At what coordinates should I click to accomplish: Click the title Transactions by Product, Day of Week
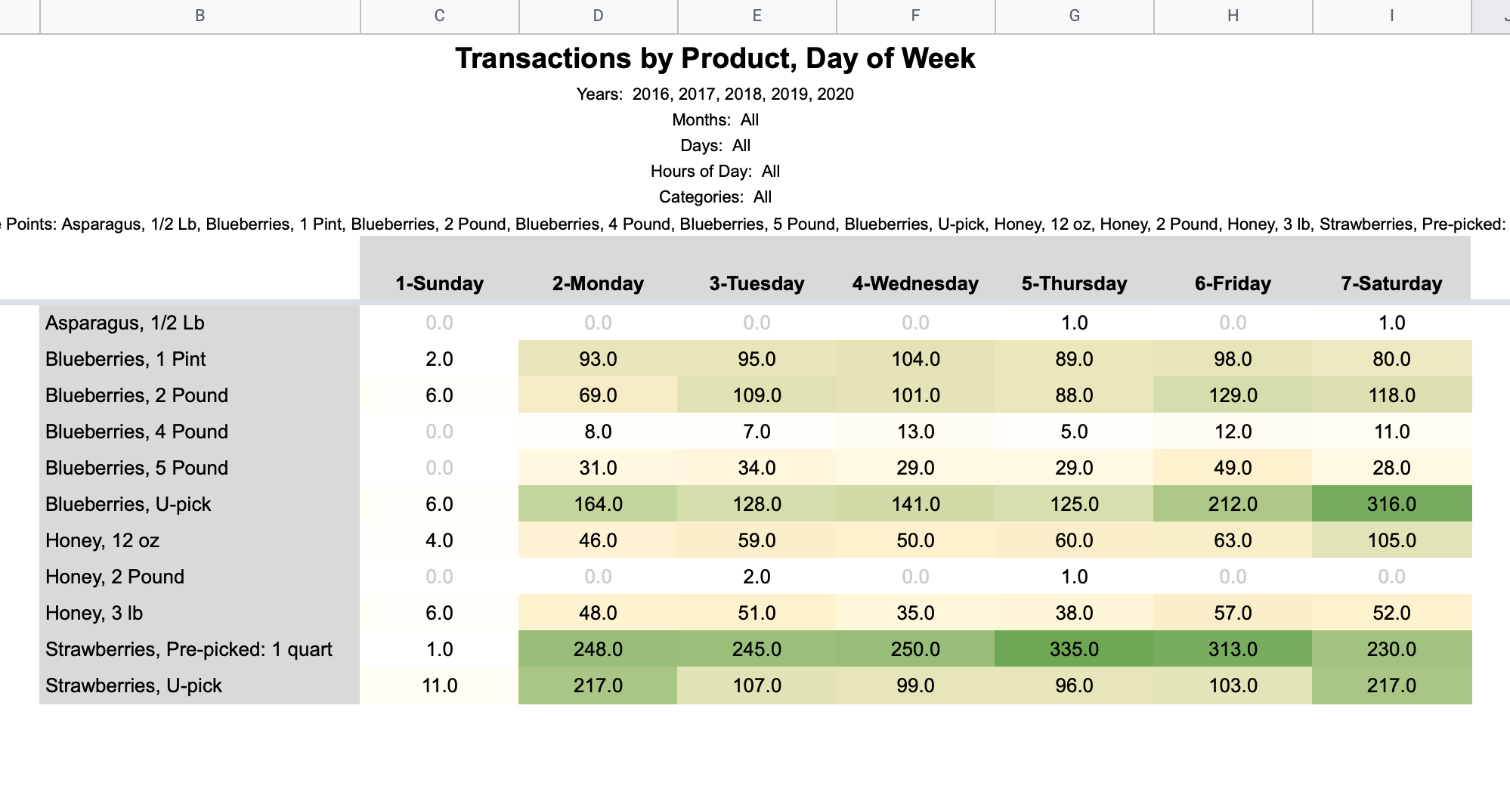(715, 58)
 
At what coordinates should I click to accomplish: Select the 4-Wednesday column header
(915, 283)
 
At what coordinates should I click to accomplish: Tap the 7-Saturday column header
(1391, 283)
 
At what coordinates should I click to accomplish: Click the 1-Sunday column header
(439, 283)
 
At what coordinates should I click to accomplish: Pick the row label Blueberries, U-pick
(128, 504)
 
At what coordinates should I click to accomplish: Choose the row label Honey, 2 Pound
(115, 577)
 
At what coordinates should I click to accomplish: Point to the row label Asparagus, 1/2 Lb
(125, 323)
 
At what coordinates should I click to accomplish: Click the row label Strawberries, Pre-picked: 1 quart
(189, 649)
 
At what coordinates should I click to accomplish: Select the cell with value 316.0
(1391, 504)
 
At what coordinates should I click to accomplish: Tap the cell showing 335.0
(1074, 649)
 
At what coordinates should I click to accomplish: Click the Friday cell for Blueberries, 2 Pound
(1233, 395)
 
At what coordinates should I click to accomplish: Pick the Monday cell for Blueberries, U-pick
(598, 504)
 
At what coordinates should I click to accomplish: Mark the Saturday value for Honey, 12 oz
(1391, 540)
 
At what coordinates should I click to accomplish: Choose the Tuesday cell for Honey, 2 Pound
(757, 577)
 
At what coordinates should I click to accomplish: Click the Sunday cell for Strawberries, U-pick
(439, 685)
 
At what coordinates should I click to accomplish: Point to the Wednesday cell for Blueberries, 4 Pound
(915, 432)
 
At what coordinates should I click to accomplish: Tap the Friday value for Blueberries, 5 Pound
(1233, 468)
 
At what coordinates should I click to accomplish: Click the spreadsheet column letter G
(1074, 16)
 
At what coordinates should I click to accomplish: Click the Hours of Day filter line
(715, 172)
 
